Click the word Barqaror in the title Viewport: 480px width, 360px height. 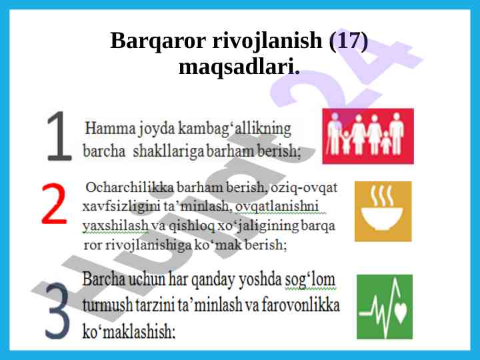click(157, 41)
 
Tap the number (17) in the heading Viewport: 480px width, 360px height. click(348, 41)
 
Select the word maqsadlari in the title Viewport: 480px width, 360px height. click(237, 67)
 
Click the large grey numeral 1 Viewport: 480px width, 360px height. click(60, 135)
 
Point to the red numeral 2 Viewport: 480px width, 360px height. click(55, 203)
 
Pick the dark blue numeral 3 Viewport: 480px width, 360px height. click(58, 311)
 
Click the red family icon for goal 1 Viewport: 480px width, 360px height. click(368, 136)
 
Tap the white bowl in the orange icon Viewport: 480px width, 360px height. click(382, 219)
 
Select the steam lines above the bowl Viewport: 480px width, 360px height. click(382, 195)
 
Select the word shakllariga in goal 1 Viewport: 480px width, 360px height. click(169, 152)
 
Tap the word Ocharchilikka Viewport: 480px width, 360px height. click(130, 187)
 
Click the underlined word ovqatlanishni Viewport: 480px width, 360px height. click(277, 206)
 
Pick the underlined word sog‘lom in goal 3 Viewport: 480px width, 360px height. click(310, 280)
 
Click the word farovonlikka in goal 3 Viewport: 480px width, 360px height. click(300, 305)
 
